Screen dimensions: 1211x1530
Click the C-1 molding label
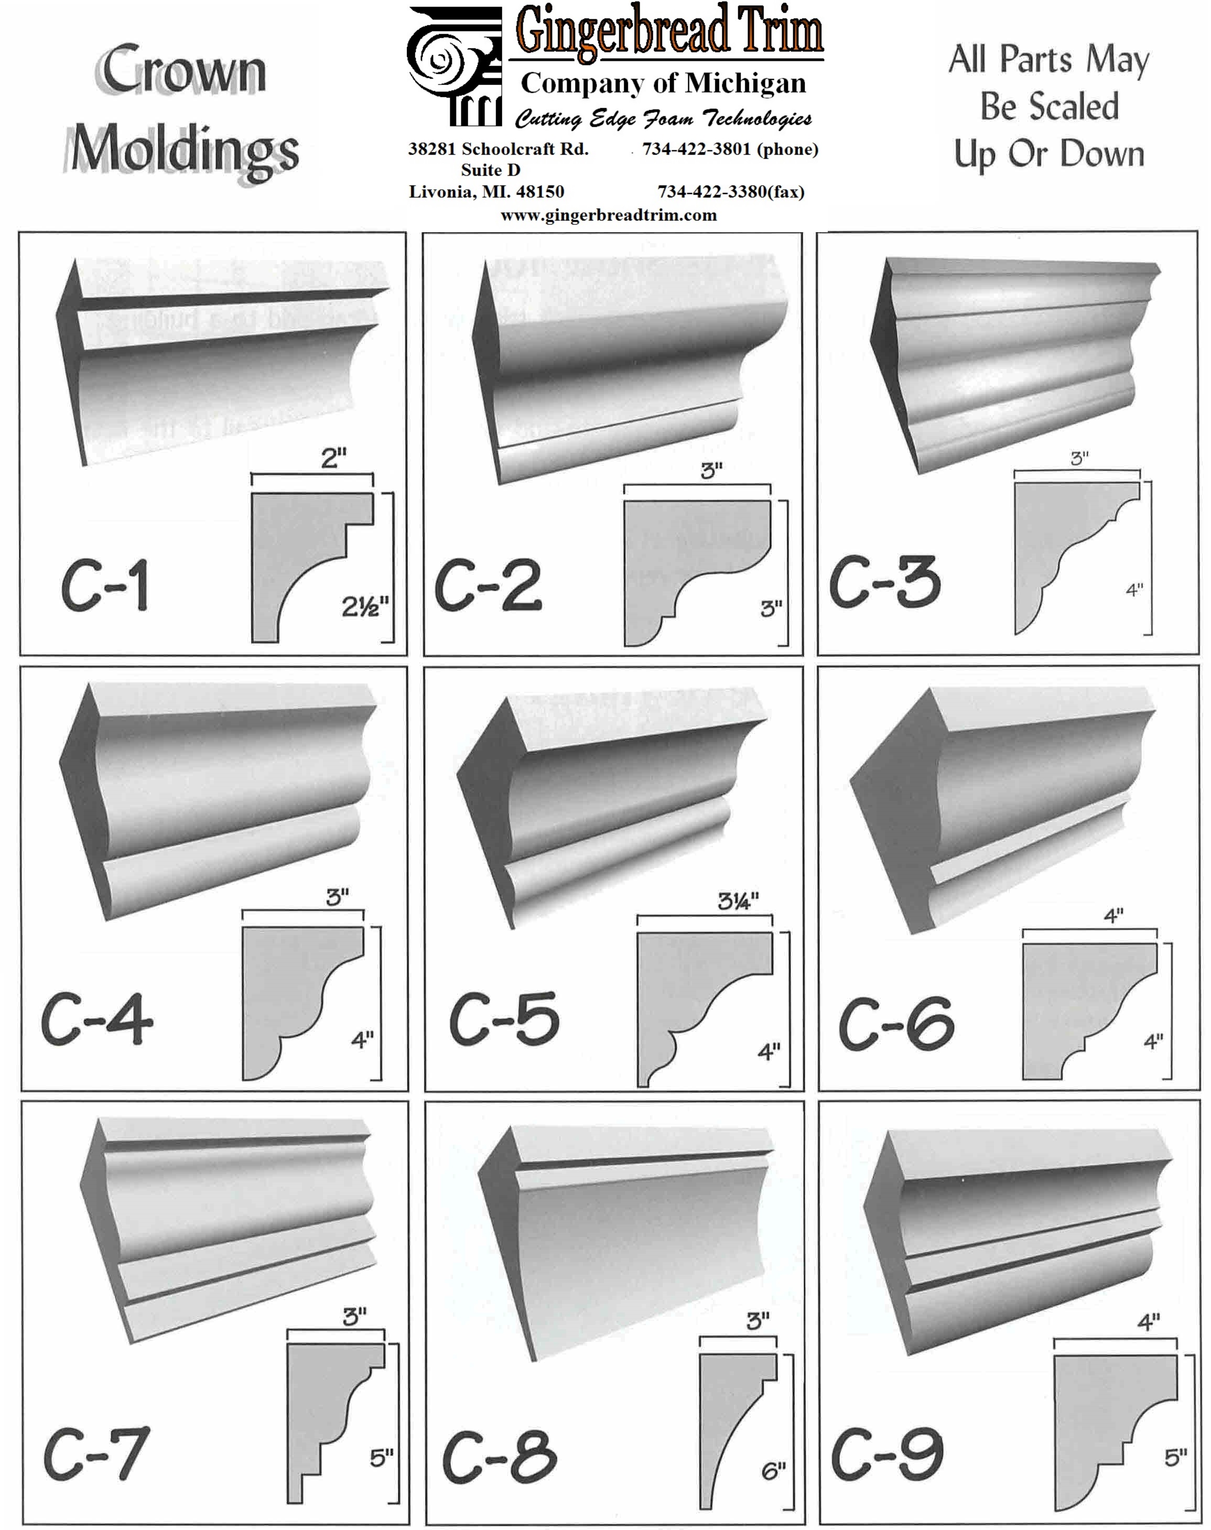104,585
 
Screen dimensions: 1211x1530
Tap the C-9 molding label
887,1455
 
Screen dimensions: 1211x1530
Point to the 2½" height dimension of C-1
365,607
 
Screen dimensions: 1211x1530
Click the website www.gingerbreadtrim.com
608,215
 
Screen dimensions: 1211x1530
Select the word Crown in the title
183,70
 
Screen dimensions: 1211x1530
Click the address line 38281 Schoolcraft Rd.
498,149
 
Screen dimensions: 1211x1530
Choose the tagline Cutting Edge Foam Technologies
663,118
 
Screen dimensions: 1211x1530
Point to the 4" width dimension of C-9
1149,1322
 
